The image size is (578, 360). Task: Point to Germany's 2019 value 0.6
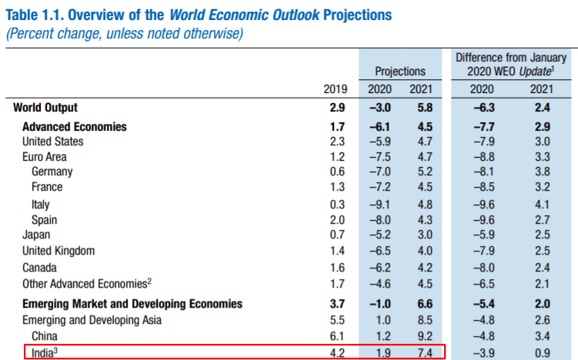coord(337,172)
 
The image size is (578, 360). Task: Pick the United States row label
coord(53,142)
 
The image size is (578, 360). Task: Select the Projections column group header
coord(400,72)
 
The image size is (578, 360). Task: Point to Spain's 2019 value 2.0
coord(337,219)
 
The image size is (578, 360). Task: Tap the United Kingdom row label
coord(58,251)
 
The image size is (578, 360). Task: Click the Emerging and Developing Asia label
coord(86,320)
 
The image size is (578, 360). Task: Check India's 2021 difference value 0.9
coord(541,352)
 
